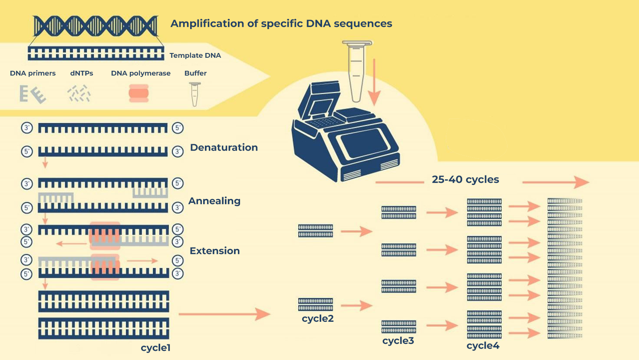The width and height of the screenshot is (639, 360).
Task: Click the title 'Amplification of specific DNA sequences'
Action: click(x=281, y=24)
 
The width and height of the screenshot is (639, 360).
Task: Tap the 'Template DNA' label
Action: click(x=195, y=55)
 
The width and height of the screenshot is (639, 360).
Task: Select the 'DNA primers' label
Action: click(x=33, y=73)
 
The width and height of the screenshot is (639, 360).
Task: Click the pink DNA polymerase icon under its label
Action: click(x=138, y=93)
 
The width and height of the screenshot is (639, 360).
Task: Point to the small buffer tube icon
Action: click(x=195, y=94)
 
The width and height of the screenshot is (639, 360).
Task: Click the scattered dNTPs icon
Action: click(x=79, y=93)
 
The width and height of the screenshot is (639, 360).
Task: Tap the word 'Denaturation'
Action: click(x=224, y=148)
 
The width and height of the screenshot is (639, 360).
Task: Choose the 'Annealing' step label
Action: click(x=214, y=201)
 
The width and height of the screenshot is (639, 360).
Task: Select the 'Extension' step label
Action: click(x=215, y=251)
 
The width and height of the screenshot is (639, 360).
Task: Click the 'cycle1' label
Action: click(x=155, y=348)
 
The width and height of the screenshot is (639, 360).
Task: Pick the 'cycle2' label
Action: click(x=318, y=318)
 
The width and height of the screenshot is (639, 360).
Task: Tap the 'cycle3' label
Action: click(x=398, y=340)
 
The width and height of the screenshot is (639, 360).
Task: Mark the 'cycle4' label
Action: click(x=483, y=346)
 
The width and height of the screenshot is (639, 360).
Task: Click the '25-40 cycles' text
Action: click(x=465, y=179)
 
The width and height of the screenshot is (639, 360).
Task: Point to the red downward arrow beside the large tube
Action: click(x=374, y=83)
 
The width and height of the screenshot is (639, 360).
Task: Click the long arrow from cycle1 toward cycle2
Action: click(x=224, y=314)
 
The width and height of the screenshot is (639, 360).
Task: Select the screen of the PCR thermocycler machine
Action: click(x=364, y=142)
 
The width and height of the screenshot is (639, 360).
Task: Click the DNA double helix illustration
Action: click(x=95, y=26)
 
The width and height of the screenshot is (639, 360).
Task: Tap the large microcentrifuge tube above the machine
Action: click(x=357, y=71)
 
